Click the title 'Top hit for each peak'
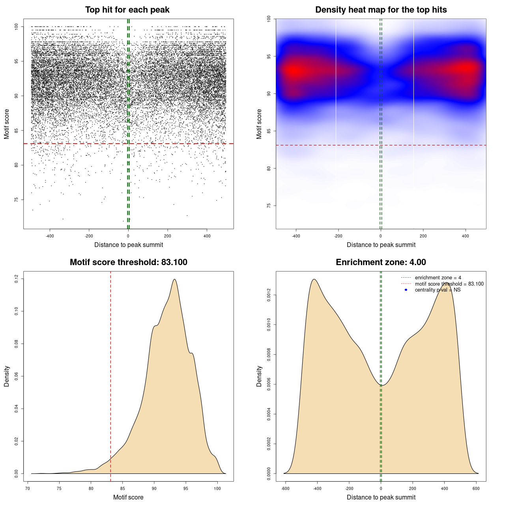(x=127, y=10)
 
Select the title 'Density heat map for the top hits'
(x=381, y=10)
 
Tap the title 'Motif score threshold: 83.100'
(x=128, y=262)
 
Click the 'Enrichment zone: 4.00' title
(x=381, y=262)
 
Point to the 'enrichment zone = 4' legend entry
(x=438, y=278)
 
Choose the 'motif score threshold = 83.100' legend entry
(x=449, y=284)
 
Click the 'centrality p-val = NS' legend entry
(x=438, y=290)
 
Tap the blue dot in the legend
(x=406, y=290)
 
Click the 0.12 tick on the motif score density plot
(x=16, y=279)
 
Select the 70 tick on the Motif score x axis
(x=28, y=488)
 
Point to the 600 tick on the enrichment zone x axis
(x=476, y=488)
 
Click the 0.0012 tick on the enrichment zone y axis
(x=269, y=295)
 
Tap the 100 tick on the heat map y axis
(x=269, y=19)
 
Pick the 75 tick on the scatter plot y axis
(x=16, y=200)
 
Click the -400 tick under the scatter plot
(x=50, y=236)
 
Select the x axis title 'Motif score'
(x=128, y=497)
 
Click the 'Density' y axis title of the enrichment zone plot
(x=259, y=376)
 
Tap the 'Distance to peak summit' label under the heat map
(x=381, y=245)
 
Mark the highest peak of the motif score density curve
(x=174, y=279)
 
